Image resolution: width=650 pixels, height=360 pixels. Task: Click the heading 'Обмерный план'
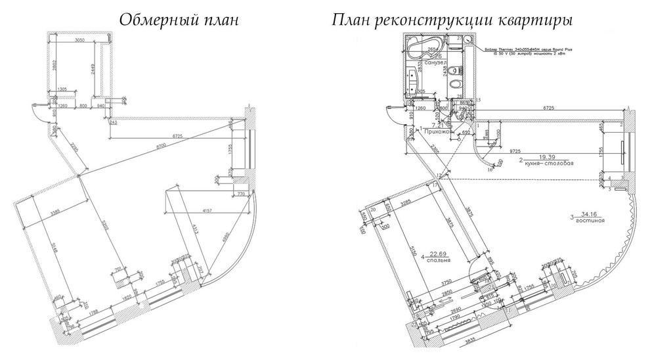[178, 20]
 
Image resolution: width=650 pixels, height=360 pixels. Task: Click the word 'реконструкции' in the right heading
[454, 20]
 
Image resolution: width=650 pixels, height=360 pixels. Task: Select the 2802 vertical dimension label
[56, 68]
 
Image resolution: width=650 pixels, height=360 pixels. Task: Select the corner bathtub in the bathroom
[423, 50]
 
